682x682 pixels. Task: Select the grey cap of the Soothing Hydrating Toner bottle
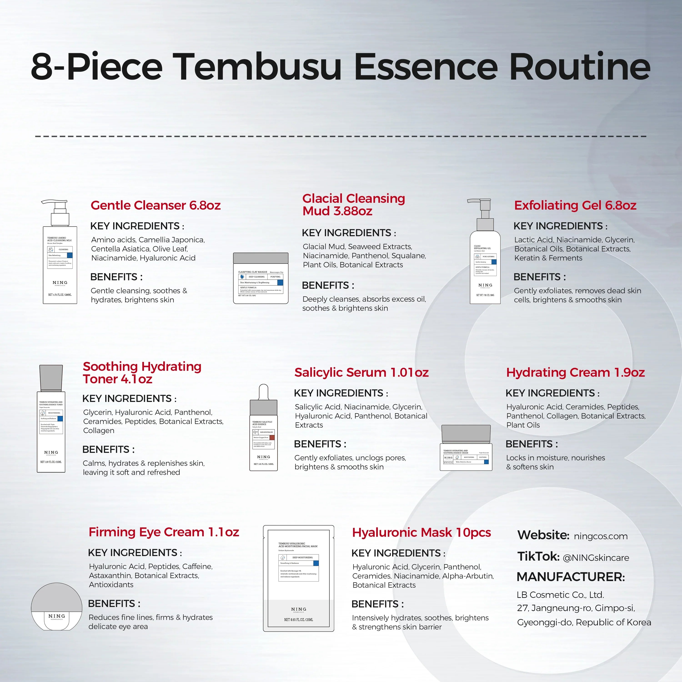pyautogui.click(x=51, y=378)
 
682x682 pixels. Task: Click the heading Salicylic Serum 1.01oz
pyautogui.click(x=361, y=372)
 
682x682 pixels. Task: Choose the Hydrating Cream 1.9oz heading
pyautogui.click(x=575, y=372)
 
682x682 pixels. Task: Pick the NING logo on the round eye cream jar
pyautogui.click(x=56, y=616)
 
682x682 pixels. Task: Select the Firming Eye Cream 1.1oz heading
pyautogui.click(x=163, y=532)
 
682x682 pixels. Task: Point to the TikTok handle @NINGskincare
pyautogui.click(x=596, y=558)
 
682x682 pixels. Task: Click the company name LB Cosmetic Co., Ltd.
pyautogui.click(x=560, y=595)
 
